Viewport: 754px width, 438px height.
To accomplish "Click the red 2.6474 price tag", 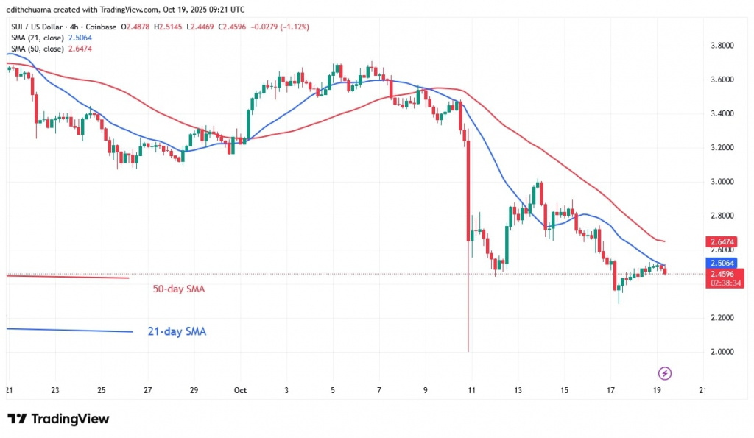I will (724, 241).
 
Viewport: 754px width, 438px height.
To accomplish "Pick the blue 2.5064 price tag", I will (724, 262).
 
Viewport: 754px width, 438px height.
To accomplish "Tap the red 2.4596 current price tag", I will (724, 273).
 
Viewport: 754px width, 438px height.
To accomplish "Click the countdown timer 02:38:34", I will (724, 283).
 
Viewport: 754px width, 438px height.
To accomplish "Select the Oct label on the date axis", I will (239, 390).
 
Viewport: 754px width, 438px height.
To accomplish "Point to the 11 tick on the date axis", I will (471, 390).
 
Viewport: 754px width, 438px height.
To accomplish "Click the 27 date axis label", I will (147, 390).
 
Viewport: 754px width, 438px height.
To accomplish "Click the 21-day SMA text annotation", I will (177, 332).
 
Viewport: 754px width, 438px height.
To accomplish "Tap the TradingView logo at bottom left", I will (59, 419).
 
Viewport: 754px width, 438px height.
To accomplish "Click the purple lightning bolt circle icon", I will (665, 372).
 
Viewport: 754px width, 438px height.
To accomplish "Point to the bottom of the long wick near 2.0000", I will (468, 350).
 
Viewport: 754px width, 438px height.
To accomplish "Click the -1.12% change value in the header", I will (294, 27).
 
